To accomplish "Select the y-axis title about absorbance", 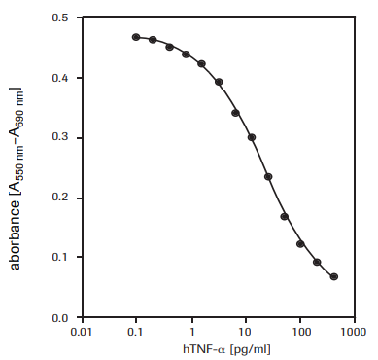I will click(x=17, y=168).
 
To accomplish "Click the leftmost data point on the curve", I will click(x=136, y=37).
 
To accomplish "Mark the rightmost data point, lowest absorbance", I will click(x=334, y=277).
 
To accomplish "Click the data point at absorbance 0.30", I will click(x=252, y=137).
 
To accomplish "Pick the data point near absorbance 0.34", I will click(x=235, y=113).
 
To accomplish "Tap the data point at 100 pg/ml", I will click(x=300, y=244).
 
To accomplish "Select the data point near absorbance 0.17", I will click(x=285, y=216).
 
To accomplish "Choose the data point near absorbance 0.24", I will click(x=268, y=177).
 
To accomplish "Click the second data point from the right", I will click(x=318, y=262).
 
